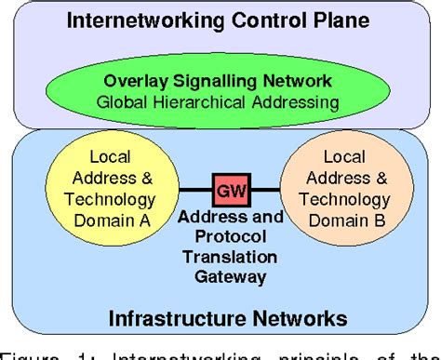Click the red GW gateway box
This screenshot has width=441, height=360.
pyautogui.click(x=224, y=191)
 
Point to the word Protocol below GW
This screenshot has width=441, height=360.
pyautogui.click(x=224, y=238)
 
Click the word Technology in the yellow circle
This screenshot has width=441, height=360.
pyautogui.click(x=109, y=199)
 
